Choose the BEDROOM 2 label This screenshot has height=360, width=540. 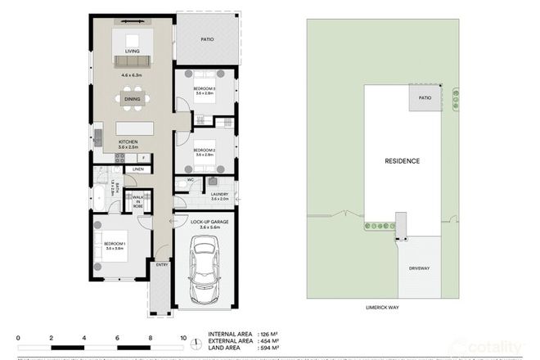tap(204, 151)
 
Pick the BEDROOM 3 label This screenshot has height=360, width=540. tap(204, 88)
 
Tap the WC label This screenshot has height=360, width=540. tap(190, 179)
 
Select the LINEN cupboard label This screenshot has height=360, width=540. tap(137, 169)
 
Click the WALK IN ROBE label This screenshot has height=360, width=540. tap(137, 200)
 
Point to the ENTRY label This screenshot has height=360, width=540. tap(161, 264)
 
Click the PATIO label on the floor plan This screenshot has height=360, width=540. tap(207, 38)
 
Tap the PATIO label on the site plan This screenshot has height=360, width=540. tap(425, 97)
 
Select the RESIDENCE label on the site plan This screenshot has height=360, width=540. tap(402, 161)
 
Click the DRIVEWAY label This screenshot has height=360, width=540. tap(418, 268)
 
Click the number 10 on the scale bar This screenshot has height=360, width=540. tap(183, 337)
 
